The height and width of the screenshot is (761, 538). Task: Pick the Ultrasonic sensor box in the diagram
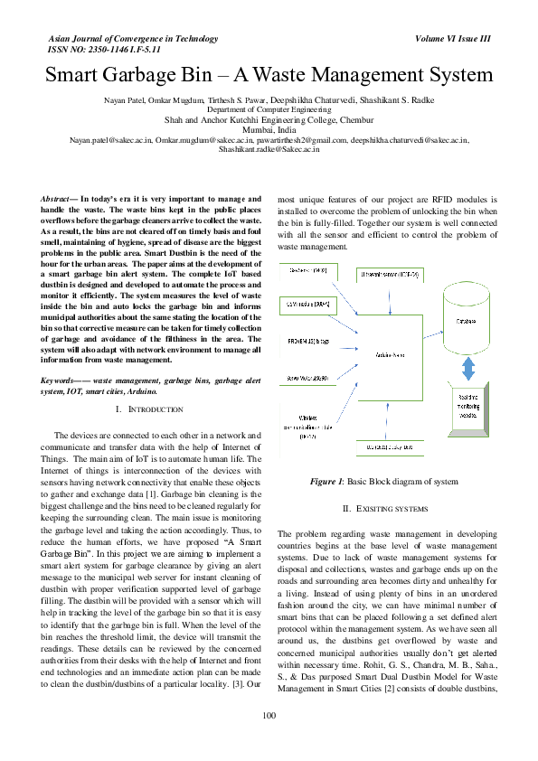pos(390,272)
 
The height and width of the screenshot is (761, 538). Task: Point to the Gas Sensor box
pos(308,271)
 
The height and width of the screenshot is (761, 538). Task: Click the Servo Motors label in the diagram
pos(307,378)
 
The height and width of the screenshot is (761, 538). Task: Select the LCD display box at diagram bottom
pos(390,446)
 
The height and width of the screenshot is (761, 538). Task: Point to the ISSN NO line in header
pos(90,50)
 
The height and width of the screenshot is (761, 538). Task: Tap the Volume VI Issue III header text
pos(452,39)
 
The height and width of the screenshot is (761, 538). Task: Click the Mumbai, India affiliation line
pos(269,130)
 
